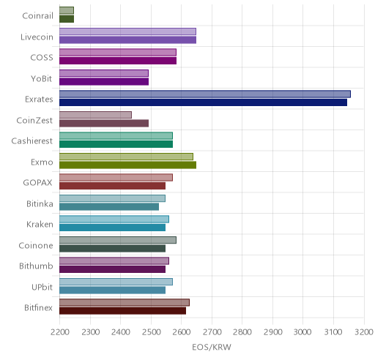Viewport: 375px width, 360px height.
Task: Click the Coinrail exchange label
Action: tap(37, 16)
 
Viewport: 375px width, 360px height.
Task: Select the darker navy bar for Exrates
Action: tap(203, 102)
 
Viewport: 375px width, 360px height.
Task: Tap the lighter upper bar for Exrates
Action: tap(205, 94)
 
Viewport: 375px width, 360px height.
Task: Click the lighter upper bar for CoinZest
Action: tap(95, 115)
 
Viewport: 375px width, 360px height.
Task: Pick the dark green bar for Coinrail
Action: tap(67, 19)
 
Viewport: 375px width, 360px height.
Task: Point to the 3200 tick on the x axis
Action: tap(364, 331)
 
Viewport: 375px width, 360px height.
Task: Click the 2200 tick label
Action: tap(59, 331)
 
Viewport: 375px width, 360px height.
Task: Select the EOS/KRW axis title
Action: tap(212, 347)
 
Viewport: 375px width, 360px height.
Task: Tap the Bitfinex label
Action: tap(38, 307)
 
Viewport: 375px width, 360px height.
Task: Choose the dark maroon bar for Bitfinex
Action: tap(122, 311)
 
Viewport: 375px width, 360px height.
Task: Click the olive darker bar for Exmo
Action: tap(127, 165)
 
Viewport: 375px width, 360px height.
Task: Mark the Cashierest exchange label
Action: tap(32, 140)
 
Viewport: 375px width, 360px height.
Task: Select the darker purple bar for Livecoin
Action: tap(127, 40)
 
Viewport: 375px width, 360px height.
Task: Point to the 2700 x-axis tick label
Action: tap(212, 331)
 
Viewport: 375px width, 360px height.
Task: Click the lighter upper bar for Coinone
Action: tap(118, 240)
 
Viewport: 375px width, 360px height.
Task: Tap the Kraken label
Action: tap(40, 224)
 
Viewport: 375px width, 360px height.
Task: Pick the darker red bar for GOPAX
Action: tap(112, 186)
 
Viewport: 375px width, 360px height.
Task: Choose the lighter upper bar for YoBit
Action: tap(104, 73)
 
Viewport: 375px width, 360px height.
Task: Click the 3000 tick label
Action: tap(302, 331)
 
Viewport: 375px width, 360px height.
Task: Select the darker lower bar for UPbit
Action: tap(112, 290)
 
